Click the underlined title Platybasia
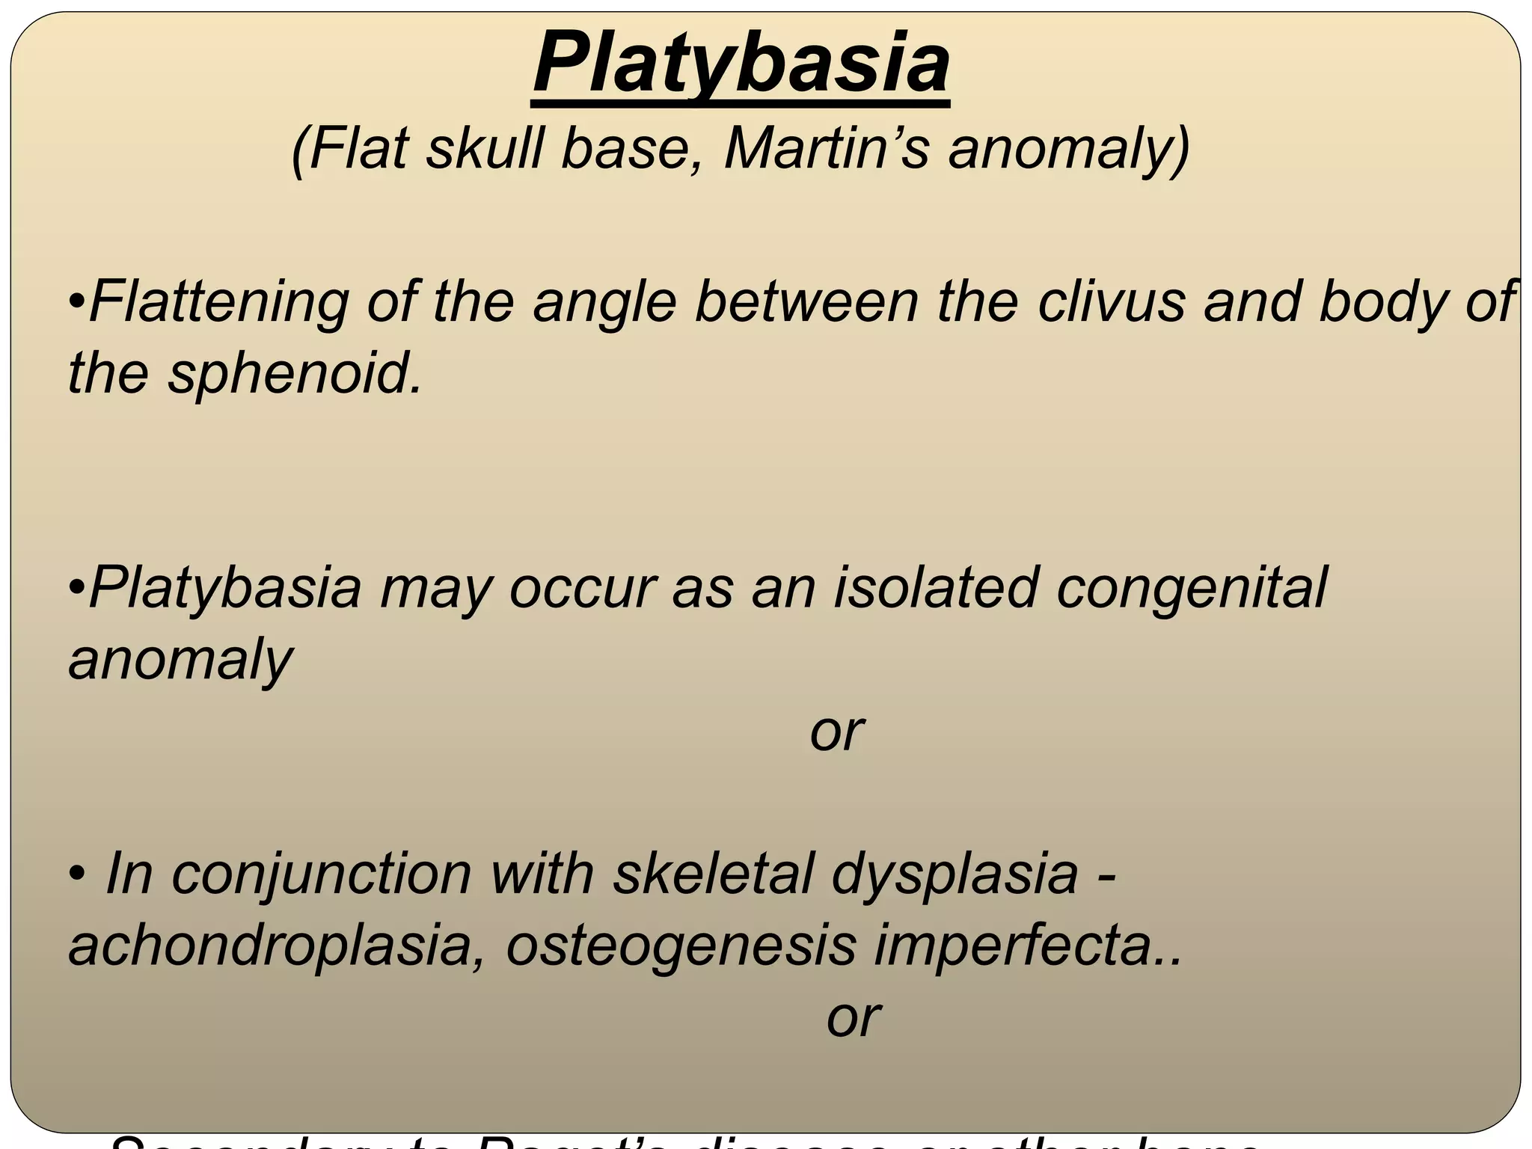(x=741, y=64)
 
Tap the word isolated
(x=935, y=587)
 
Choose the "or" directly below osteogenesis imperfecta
(x=854, y=1017)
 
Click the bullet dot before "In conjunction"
(x=76, y=874)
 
